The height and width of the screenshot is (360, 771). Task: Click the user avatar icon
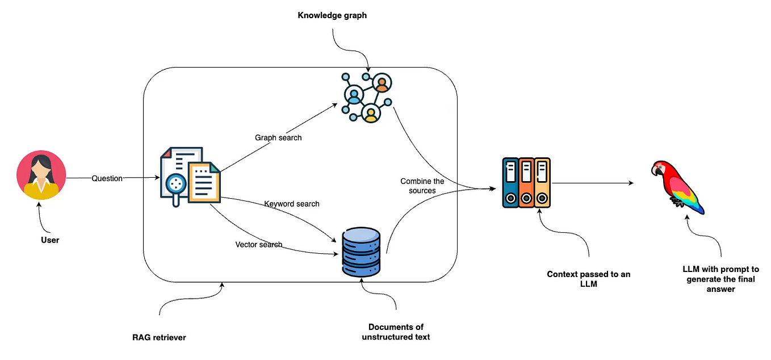41,175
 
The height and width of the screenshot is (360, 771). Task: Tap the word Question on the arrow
107,178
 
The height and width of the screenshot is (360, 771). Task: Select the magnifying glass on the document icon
177,184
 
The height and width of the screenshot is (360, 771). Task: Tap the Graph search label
278,137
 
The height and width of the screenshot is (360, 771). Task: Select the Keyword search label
292,203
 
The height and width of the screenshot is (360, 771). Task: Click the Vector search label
259,245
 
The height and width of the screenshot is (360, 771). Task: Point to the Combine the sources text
422,186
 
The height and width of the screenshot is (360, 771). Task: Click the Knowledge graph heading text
332,15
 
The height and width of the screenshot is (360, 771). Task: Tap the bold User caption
50,240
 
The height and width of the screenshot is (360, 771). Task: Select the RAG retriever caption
159,337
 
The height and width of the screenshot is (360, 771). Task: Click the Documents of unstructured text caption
396,332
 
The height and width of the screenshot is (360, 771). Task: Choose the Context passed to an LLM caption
588,279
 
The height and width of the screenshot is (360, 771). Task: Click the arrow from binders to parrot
593,183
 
